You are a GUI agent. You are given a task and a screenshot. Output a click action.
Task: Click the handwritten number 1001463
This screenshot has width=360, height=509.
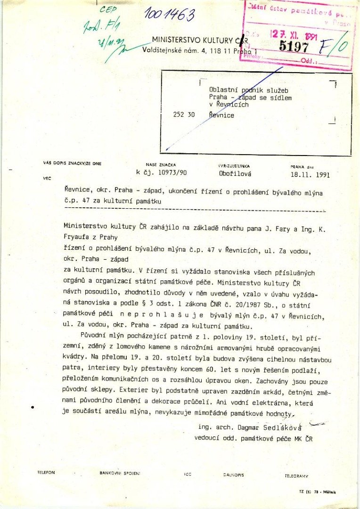pos(170,15)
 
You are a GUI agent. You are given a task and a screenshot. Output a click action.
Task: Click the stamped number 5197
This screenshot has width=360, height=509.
pos(294,47)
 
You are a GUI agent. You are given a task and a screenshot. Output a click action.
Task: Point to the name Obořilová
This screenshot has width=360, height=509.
pos(235,173)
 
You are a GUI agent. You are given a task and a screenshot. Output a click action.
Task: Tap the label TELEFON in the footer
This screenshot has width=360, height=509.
pos(46,472)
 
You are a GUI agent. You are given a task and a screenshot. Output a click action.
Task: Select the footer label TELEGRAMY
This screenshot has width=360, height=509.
pos(296,476)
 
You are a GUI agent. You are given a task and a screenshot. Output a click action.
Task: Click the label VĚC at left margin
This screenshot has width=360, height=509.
pos(47,178)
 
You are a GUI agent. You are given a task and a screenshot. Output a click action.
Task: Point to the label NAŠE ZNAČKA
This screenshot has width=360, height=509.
pos(164,164)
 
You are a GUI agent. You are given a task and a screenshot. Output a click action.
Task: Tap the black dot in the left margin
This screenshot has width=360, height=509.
pos(32,407)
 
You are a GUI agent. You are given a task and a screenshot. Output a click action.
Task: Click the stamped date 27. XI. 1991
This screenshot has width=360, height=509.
pos(292,34)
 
